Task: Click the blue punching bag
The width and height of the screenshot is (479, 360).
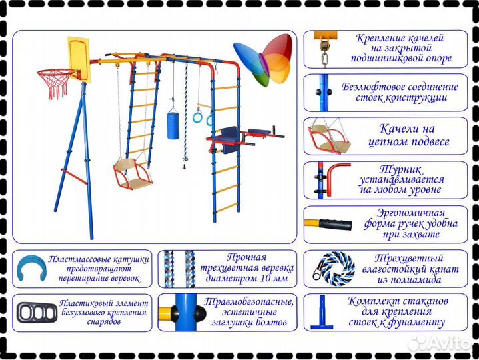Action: [x=173, y=125]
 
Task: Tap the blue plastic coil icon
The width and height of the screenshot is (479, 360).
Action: [x=31, y=269]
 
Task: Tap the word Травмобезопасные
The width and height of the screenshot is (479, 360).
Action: [x=248, y=301]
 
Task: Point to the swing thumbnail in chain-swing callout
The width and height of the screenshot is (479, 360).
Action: [x=329, y=136]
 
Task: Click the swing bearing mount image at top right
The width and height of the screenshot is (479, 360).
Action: [x=326, y=49]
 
